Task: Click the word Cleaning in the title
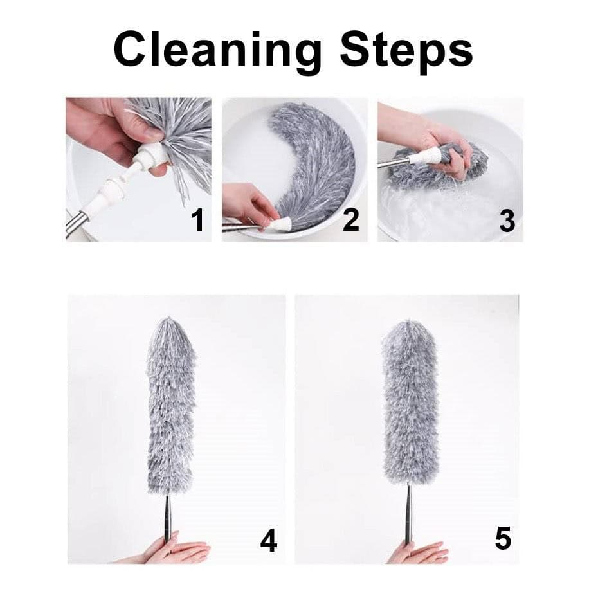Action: coord(217,51)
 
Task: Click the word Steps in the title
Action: coord(406,51)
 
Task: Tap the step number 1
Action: coord(197,221)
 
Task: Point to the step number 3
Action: coord(507,221)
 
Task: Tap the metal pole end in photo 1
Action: coord(77,224)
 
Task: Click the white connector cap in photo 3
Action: coord(424,156)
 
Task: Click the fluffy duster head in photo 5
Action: coord(410,402)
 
